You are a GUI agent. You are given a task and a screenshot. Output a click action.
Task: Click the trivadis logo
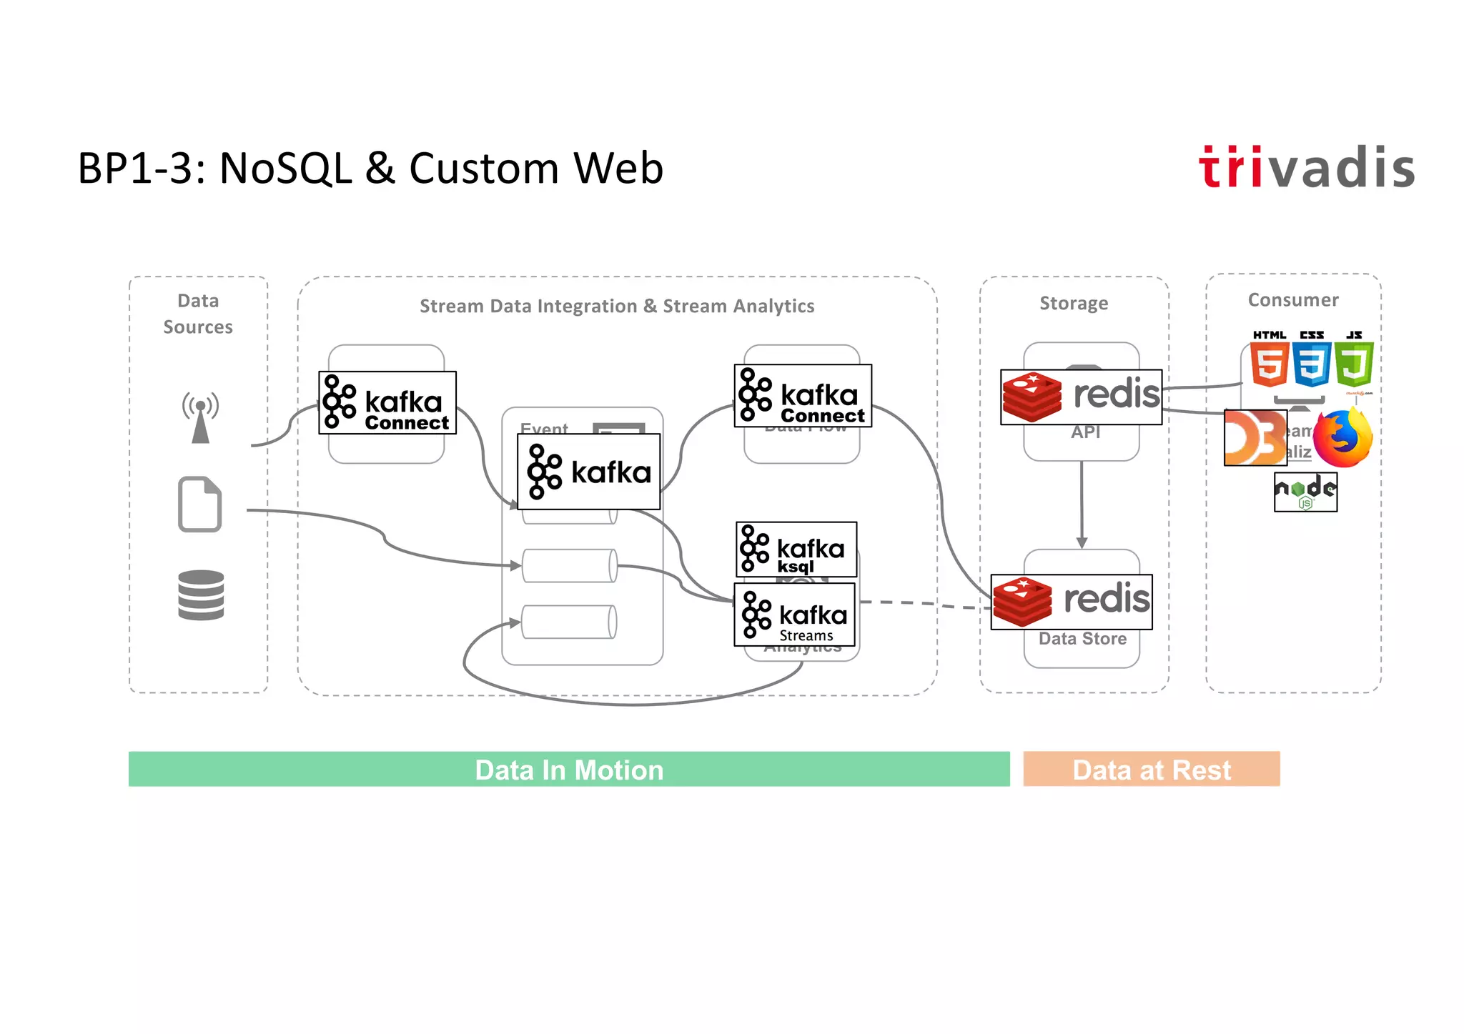click(1306, 168)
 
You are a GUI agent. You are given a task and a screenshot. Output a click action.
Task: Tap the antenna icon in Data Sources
click(200, 417)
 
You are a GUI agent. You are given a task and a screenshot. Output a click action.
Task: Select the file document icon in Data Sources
click(199, 504)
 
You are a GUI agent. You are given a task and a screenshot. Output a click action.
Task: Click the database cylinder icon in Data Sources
click(201, 595)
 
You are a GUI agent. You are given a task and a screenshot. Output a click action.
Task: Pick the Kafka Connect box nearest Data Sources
click(387, 402)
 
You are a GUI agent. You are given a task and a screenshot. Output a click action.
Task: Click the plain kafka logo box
click(588, 472)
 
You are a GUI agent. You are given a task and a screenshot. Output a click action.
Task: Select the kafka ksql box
click(796, 549)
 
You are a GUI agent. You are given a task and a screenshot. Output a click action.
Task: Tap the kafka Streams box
click(794, 615)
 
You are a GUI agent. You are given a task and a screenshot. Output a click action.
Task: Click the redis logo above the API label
click(1081, 397)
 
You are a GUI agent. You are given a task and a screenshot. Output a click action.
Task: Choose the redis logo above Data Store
click(1071, 602)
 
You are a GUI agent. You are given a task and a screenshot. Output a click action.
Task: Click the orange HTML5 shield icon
click(1270, 364)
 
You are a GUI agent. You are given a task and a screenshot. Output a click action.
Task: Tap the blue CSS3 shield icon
click(1312, 364)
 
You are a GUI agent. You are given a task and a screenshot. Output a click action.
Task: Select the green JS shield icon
click(1353, 364)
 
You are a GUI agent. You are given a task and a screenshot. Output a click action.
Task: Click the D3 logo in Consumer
click(1255, 437)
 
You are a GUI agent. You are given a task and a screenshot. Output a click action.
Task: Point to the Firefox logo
click(1343, 438)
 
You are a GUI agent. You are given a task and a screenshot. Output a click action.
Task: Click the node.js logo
click(1305, 492)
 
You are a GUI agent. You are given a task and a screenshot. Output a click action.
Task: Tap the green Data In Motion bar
click(569, 769)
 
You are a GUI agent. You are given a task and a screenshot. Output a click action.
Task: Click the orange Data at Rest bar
click(1151, 769)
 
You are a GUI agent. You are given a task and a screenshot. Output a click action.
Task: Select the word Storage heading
click(1074, 303)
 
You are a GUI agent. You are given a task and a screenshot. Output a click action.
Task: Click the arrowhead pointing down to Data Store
click(1082, 542)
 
